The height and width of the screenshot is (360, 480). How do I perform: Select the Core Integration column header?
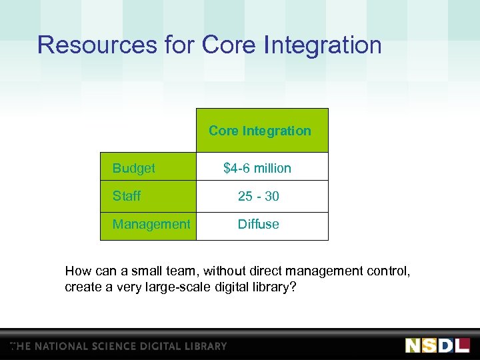[260, 131]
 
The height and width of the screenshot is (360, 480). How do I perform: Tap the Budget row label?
[133, 169]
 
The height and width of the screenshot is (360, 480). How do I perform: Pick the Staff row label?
[127, 197]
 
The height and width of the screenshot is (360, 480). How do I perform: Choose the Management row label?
[151, 225]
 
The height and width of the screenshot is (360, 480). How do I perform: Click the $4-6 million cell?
[257, 169]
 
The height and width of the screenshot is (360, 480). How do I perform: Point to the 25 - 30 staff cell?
[259, 197]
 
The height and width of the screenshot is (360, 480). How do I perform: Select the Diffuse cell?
[259, 225]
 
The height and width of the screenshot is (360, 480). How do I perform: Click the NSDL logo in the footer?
[437, 345]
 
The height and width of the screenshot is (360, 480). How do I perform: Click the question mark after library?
[293, 287]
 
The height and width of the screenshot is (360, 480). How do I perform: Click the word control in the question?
[391, 271]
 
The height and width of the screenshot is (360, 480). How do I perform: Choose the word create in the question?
[81, 287]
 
